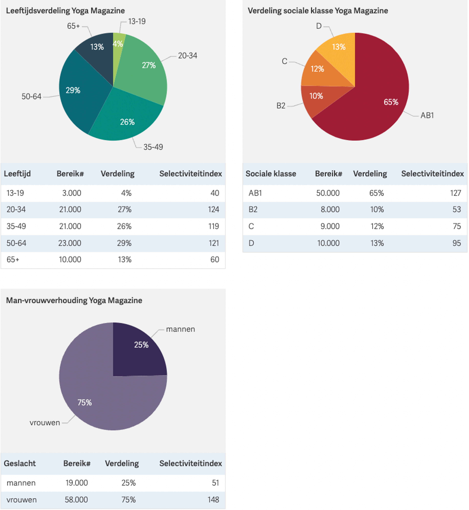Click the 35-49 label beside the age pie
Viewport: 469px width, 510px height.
tap(153, 147)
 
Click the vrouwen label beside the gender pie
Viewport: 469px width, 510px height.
tap(45, 423)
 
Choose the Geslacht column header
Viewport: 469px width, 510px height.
tap(20, 463)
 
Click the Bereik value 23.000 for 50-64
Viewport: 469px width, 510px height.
tap(70, 243)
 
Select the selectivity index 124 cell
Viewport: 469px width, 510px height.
tap(213, 209)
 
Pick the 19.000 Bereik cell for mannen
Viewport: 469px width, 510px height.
tap(77, 483)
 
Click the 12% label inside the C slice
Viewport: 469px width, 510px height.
tap(317, 69)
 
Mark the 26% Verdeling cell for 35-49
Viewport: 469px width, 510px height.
tap(124, 226)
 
